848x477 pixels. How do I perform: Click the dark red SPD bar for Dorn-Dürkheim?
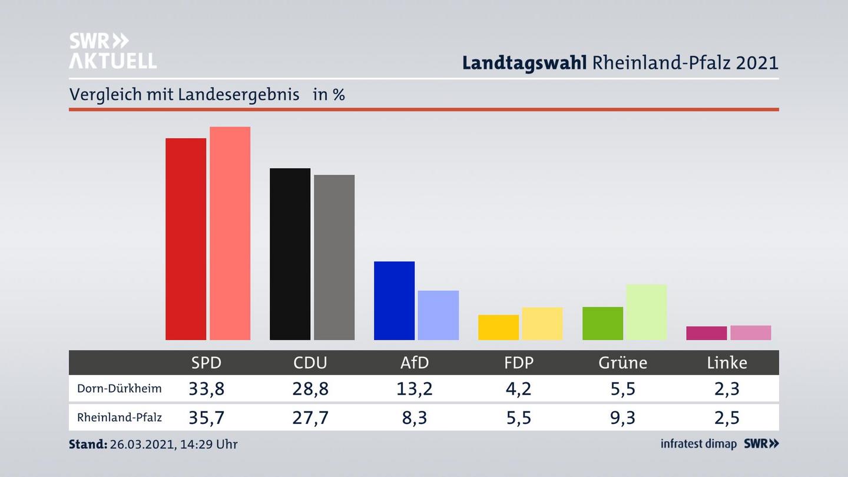coord(185,238)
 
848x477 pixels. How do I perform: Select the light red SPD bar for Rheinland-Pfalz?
coord(230,233)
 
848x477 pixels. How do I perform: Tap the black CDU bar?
coord(290,254)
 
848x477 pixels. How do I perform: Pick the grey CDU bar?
coord(334,257)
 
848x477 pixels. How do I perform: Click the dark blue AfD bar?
coord(394,300)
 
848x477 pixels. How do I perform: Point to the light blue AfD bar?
coord(438,315)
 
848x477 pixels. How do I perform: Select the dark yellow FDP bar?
coord(498,327)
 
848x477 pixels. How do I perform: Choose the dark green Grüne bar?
coord(602,323)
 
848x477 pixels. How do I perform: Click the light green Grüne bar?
coord(646,312)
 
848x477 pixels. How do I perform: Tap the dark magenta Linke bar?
coord(706,333)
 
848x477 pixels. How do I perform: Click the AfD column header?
coord(415,363)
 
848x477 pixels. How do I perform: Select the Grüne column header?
coord(622,363)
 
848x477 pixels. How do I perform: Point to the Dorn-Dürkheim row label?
coord(119,389)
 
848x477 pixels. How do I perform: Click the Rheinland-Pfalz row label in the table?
coord(119,418)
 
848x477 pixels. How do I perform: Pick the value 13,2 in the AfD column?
coord(415,389)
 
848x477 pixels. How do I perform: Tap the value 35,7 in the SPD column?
coord(206,418)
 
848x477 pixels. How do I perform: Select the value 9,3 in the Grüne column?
coord(622,418)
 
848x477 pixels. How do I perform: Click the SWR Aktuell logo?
coord(112,51)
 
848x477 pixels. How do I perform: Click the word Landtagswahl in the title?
coord(524,62)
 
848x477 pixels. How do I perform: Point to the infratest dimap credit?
coord(698,443)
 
